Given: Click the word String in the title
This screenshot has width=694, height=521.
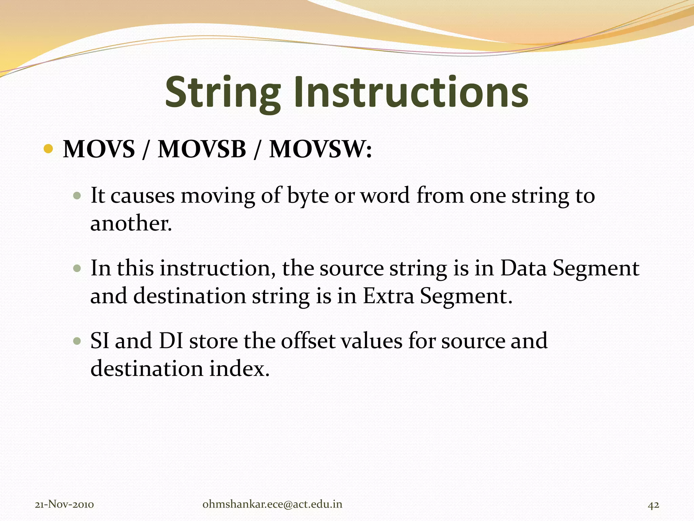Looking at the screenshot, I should coord(223,92).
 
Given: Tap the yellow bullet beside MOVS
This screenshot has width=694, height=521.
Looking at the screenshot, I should coord(48,149).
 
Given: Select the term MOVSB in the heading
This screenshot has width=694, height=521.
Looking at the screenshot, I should coord(202,149).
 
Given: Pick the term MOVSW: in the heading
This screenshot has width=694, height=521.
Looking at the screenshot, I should coord(321,149).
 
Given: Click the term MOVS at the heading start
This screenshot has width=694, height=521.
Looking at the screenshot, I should coord(99,149).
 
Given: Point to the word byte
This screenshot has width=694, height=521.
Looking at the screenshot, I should coord(308,196).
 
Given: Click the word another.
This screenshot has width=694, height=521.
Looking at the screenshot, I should coord(131,224).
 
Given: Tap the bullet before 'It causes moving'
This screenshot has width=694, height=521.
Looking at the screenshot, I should coord(77,196).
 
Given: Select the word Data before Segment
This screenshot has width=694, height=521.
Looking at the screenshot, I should coord(523,268).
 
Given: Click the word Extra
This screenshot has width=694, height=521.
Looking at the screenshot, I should coord(388,296).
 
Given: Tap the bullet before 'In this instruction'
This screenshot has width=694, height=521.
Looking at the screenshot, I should coord(77,269).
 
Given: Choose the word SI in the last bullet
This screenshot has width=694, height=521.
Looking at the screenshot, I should coord(100,341).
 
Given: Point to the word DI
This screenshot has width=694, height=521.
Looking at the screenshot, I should coord(171,341).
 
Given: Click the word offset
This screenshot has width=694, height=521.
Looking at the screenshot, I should coord(308,341).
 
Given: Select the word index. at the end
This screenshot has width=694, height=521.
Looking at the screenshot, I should coord(239,369).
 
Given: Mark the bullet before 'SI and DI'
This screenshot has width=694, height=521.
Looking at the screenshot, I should coord(77,341).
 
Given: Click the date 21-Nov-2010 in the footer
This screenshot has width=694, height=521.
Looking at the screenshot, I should coord(64,504).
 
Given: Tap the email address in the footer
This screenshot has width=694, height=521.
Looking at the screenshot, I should coord(272,504).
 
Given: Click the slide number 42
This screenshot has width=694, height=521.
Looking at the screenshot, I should coord(653,505).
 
